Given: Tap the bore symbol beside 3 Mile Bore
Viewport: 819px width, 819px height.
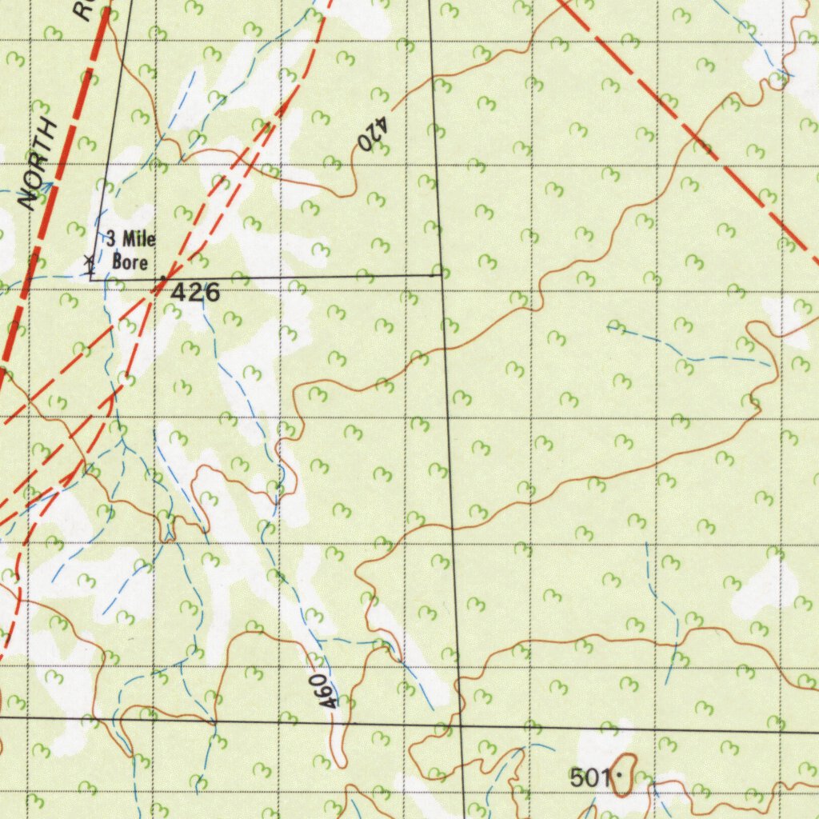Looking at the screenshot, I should (x=89, y=260).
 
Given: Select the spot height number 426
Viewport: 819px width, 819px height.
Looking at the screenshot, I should (x=195, y=293).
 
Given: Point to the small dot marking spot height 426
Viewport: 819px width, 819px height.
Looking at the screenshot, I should (x=163, y=278).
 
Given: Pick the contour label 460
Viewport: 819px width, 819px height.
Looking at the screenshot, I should (x=323, y=689).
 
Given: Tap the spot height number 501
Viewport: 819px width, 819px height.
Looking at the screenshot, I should (x=590, y=776).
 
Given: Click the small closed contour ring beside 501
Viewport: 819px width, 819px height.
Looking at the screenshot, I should (x=624, y=775).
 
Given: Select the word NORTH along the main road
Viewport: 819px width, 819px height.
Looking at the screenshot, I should (x=40, y=165).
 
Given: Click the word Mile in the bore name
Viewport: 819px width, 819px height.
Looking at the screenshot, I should (x=138, y=239).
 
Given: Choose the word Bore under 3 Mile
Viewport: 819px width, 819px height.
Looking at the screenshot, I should (x=130, y=262).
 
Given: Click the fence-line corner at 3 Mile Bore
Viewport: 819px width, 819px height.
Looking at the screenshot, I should (x=90, y=279).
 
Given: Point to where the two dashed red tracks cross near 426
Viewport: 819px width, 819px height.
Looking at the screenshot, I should (x=153, y=297).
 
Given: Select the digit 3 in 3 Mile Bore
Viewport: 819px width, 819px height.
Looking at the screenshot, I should (x=111, y=238).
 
